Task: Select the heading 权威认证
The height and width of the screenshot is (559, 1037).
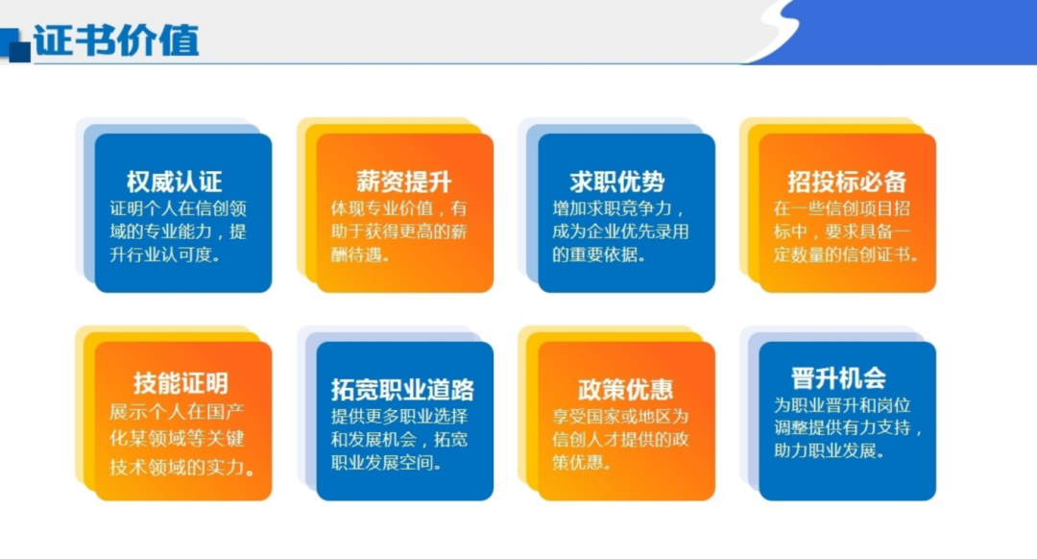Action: (x=174, y=182)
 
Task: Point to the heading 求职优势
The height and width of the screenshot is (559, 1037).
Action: (x=616, y=182)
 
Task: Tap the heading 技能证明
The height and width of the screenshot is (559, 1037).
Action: (x=181, y=383)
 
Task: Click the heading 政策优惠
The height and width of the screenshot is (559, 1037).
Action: (x=625, y=389)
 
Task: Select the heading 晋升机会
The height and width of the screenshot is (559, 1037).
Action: (x=837, y=377)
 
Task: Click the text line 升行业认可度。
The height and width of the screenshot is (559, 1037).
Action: (x=164, y=255)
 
